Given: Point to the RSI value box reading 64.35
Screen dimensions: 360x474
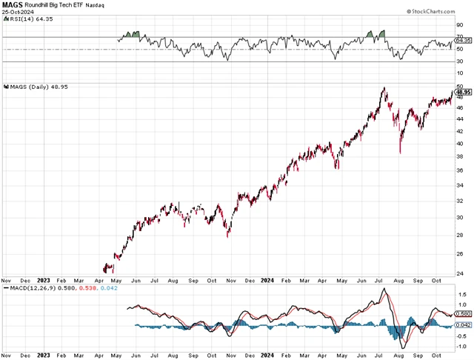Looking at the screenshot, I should pos(463,41).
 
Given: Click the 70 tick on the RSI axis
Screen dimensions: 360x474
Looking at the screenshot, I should pos(459,37).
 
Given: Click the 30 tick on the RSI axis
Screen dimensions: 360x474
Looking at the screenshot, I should pos(459,61).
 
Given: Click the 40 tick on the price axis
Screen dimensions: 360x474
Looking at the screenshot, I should pos(459,144).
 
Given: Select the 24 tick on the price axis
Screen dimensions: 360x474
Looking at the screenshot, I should pos(459,273).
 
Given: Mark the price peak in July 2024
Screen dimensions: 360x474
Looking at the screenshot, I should pos(384,89).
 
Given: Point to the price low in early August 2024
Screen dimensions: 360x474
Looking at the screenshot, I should pos(400,152).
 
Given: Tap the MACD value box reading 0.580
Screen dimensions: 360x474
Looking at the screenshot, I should pos(463,314).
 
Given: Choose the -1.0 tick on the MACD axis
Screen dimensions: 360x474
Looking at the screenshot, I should pos(461,346).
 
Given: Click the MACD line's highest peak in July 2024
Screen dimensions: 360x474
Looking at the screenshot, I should pos(384,290).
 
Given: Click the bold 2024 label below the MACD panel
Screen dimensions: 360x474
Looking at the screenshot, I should pos(268,356).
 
